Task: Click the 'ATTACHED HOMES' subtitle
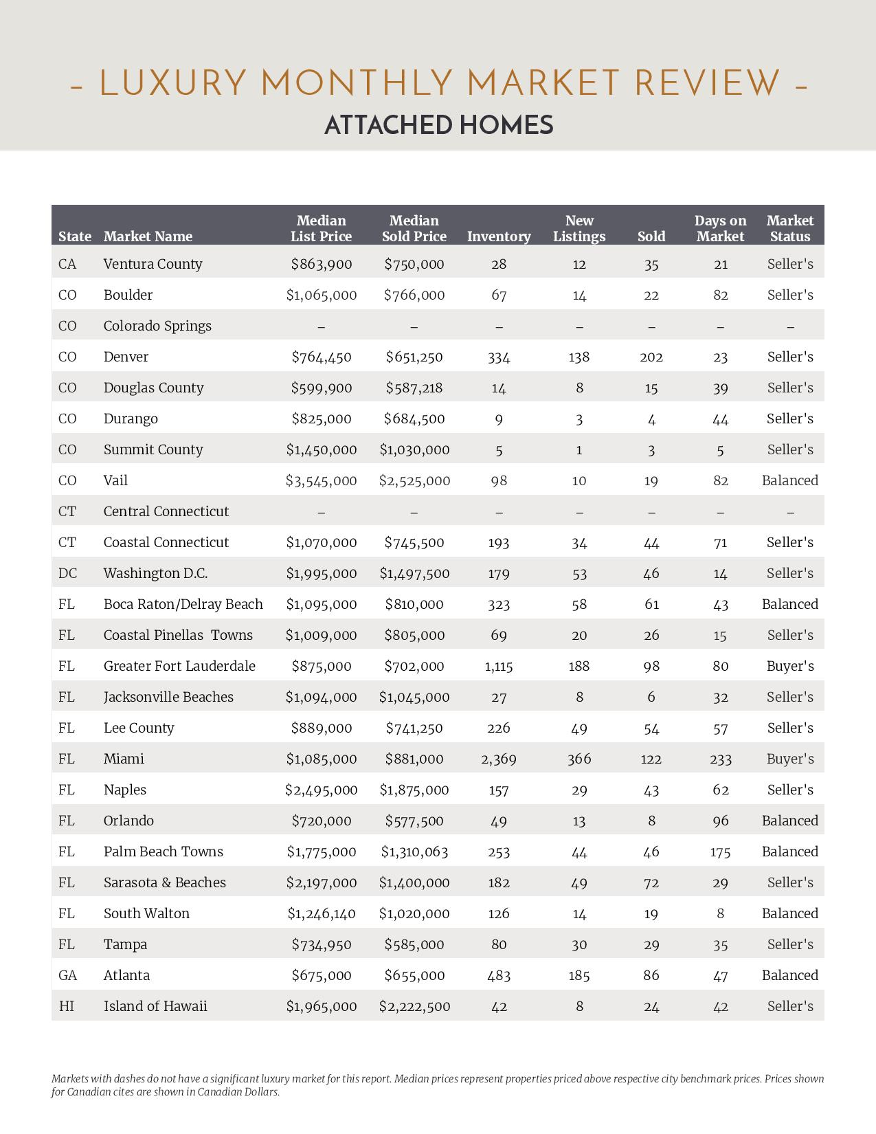[x=438, y=126]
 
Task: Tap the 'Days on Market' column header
[x=720, y=229]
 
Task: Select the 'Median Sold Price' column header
[x=414, y=229]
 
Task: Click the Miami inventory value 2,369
[x=499, y=759]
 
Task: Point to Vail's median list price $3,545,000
[x=321, y=480]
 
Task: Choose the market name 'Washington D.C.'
[x=155, y=573]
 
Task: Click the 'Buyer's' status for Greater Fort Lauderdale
[x=790, y=666]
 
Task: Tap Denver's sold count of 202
[x=651, y=357]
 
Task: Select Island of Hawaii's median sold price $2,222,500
[x=414, y=1006]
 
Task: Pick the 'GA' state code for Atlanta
[x=67, y=975]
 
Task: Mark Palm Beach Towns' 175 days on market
[x=720, y=852]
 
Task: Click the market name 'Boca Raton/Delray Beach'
[x=183, y=604]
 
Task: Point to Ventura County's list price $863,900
[x=321, y=264]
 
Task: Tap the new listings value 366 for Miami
[x=579, y=759]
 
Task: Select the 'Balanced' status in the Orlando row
[x=790, y=821]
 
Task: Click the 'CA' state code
[x=67, y=264]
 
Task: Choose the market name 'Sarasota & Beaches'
[x=164, y=882]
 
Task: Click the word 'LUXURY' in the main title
[x=172, y=84]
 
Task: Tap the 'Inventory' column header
[x=499, y=236]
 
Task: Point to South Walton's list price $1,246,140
[x=321, y=913]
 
